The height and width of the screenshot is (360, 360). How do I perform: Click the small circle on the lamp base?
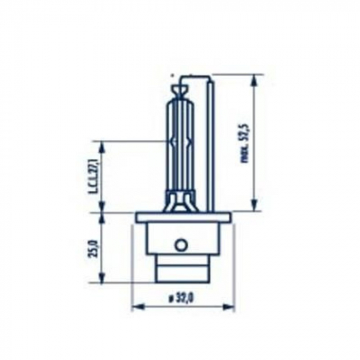(181, 245)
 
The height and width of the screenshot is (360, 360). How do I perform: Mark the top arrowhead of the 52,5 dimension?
(253, 79)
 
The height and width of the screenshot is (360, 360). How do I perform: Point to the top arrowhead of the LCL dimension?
(102, 146)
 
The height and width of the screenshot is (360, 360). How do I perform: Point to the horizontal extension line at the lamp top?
(237, 74)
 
